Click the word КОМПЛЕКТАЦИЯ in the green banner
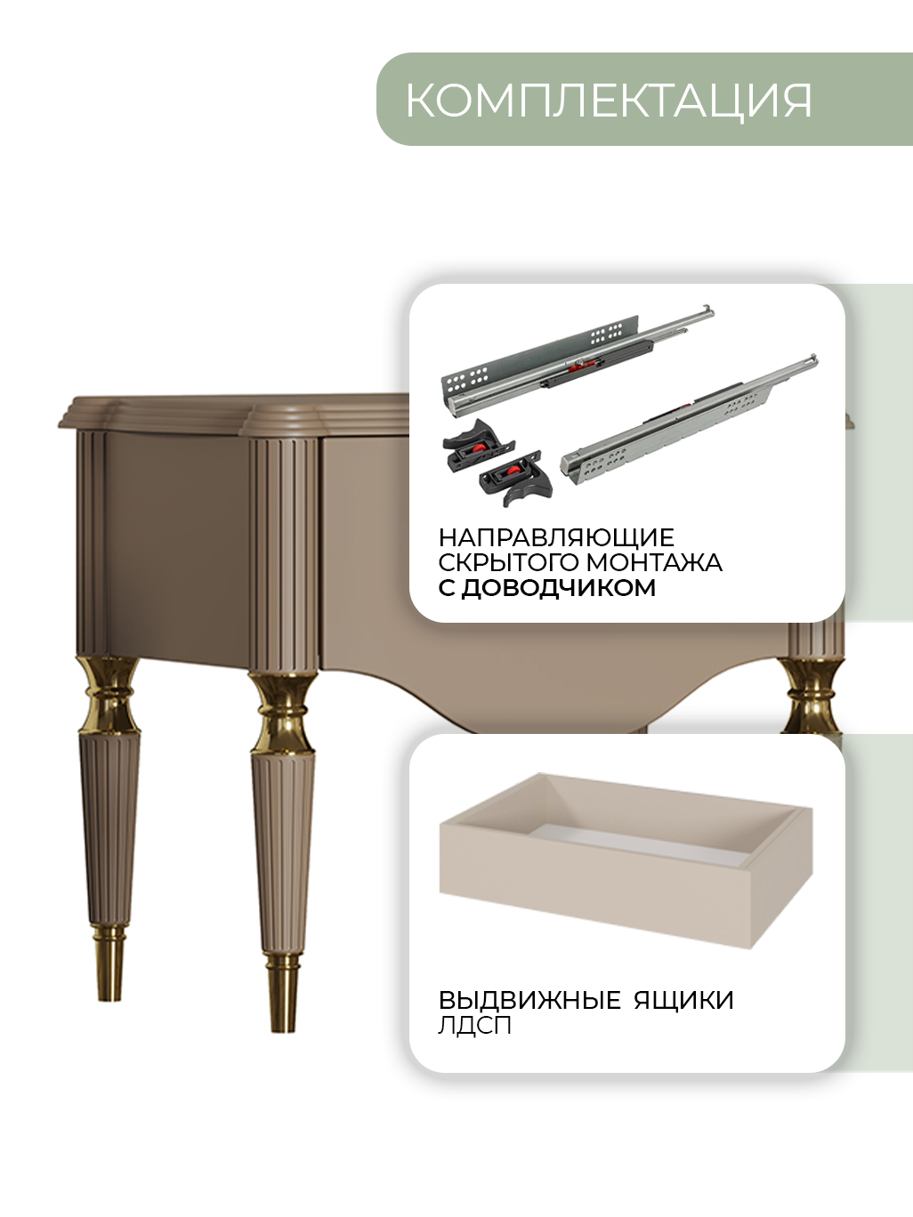pyautogui.click(x=609, y=101)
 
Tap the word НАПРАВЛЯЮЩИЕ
pyautogui.click(x=556, y=537)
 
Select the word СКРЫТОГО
pyautogui.click(x=509, y=562)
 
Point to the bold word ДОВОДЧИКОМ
pyautogui.click(x=559, y=588)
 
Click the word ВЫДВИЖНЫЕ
pyautogui.click(x=529, y=1000)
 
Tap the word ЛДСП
pyautogui.click(x=474, y=1027)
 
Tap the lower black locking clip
pyautogui.click(x=516, y=477)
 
